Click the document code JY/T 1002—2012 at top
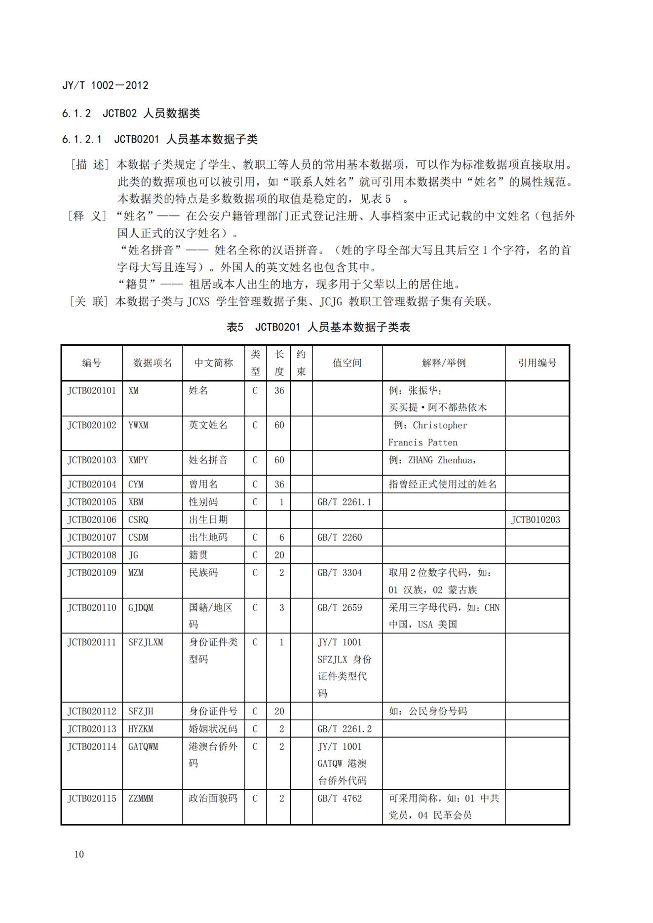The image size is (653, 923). click(105, 85)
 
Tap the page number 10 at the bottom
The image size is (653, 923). click(79, 854)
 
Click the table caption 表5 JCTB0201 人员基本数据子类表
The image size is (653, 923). click(318, 327)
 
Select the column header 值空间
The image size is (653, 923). click(347, 363)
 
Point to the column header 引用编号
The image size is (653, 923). click(537, 363)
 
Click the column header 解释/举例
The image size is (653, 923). click(443, 363)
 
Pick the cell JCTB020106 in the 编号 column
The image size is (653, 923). click(92, 519)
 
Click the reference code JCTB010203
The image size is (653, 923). click(536, 519)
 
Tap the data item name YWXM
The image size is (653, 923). click(138, 425)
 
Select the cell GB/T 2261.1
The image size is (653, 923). click(344, 502)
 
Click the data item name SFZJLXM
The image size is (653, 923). click(146, 642)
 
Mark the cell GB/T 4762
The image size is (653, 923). click(340, 798)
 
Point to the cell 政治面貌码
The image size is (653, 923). click(213, 798)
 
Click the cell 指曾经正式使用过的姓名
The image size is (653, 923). click(443, 484)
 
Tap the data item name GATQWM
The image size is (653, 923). click(143, 746)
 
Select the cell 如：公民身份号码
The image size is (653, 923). click(427, 711)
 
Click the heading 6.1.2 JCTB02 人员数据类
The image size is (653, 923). click(131, 113)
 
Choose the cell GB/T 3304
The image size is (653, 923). click(340, 573)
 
